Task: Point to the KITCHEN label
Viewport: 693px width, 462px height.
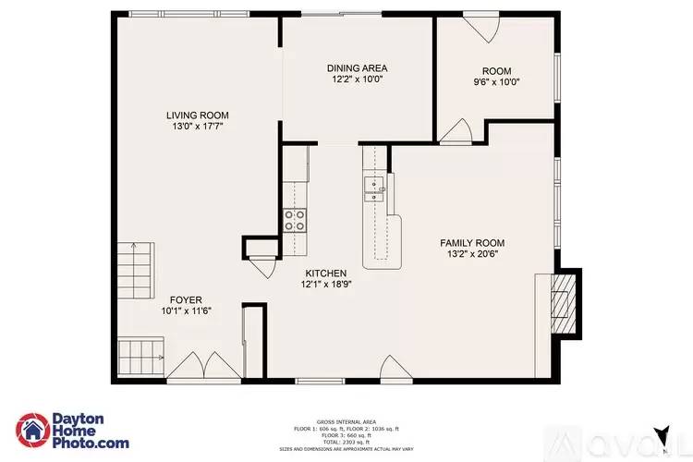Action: pos(326,274)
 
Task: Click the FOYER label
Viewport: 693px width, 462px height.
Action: pos(186,300)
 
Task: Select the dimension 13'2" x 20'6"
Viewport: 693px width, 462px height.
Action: pos(471,255)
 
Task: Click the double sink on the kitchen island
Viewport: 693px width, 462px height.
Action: pos(375,188)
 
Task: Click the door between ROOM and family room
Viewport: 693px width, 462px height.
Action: pos(456,133)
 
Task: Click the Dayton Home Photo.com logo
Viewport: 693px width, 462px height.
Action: pos(74,428)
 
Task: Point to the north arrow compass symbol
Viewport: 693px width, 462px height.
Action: pos(661,434)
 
